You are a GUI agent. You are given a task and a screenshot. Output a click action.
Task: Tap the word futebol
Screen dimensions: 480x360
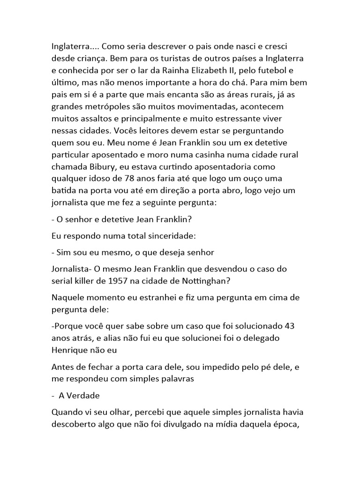pos(275,71)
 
